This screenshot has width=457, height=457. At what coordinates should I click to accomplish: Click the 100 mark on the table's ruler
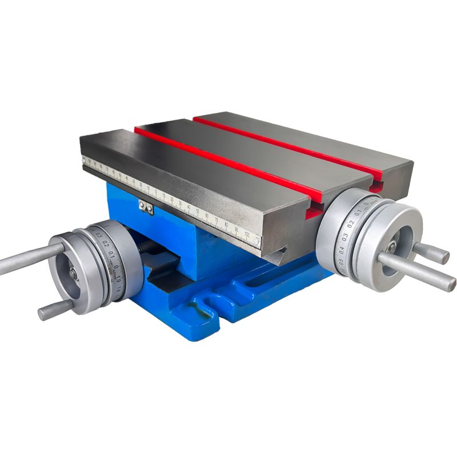(247, 235)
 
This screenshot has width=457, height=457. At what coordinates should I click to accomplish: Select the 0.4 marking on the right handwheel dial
(341, 250)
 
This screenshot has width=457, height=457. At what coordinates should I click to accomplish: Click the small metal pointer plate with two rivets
(146, 207)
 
